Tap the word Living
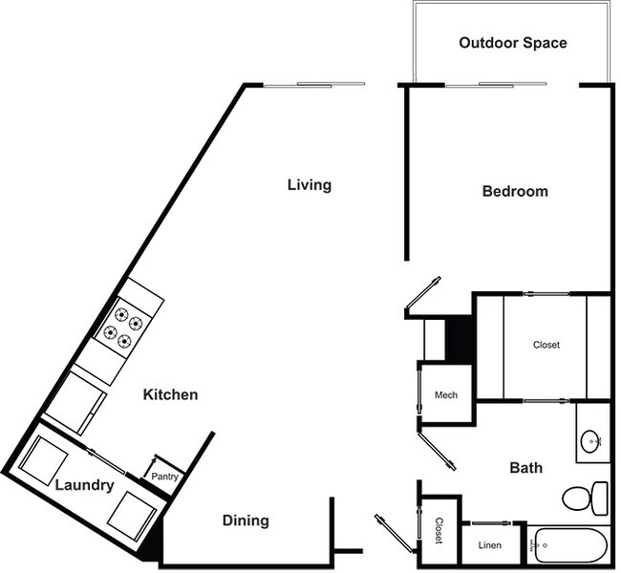(310, 184)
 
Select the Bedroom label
(515, 191)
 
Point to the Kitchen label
(171, 394)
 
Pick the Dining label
(246, 520)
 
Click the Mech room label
(446, 395)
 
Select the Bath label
(525, 468)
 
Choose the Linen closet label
(488, 545)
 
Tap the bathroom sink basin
(591, 440)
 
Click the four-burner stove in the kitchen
(123, 324)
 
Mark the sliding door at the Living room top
(314, 85)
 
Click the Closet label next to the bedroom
(546, 345)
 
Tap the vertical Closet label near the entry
(439, 532)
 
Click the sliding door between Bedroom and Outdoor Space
(495, 85)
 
